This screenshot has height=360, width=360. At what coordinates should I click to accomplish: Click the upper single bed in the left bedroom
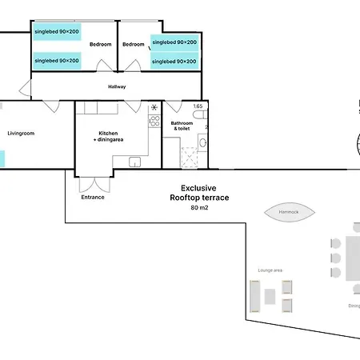pos(57,31)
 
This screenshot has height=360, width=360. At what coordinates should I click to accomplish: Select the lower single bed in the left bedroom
pos(57,60)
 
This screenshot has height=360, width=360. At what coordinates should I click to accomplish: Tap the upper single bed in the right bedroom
pos(174,42)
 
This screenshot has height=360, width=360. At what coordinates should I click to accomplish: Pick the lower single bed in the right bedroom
pos(174,61)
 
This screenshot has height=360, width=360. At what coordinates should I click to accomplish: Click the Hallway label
pos(118,86)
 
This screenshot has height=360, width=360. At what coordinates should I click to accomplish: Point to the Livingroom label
pos(21,133)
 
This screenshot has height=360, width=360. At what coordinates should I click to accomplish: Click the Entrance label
pos(93,197)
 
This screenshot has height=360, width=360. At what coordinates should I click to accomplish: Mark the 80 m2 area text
pos(198,208)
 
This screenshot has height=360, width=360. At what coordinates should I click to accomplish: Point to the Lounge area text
pos(270,270)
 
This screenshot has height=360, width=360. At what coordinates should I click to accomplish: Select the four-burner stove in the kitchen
pos(154,122)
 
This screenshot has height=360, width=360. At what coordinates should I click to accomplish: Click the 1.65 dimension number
pos(198,106)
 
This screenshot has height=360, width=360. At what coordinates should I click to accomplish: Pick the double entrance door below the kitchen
pos(93,182)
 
